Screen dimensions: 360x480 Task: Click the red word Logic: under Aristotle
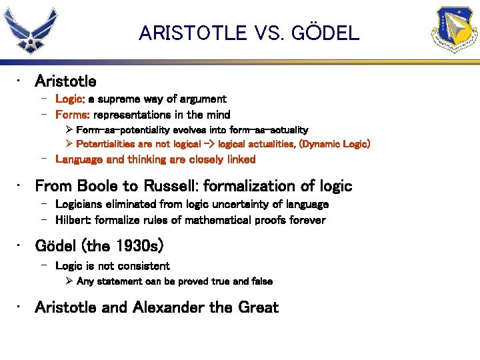click(70, 99)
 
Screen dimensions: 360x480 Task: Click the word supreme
click(121, 99)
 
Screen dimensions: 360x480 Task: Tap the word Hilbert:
click(75, 220)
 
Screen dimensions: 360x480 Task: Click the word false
click(261, 281)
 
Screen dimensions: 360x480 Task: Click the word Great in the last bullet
click(257, 307)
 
